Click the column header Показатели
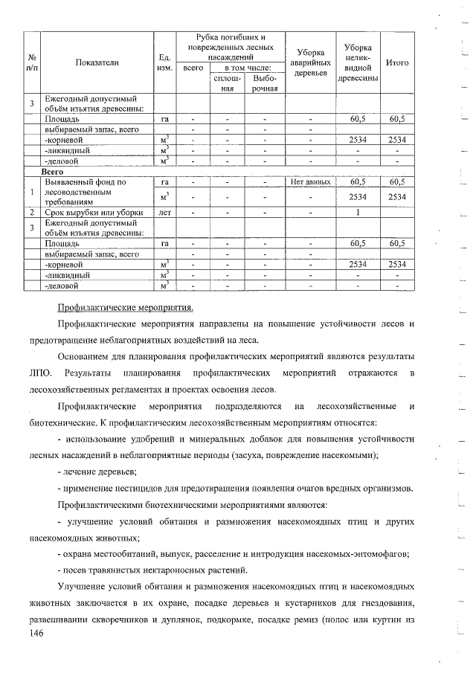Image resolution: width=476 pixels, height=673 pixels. pos(97,63)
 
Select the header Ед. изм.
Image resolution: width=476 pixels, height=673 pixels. pos(165,63)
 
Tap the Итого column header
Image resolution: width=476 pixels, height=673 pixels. pos(397,63)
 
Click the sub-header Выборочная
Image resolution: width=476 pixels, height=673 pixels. pos(265,83)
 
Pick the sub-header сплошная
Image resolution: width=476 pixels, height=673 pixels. pos(228,83)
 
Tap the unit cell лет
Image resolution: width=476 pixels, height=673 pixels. pos(165,212)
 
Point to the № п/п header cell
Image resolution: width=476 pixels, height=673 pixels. pos(33,63)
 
